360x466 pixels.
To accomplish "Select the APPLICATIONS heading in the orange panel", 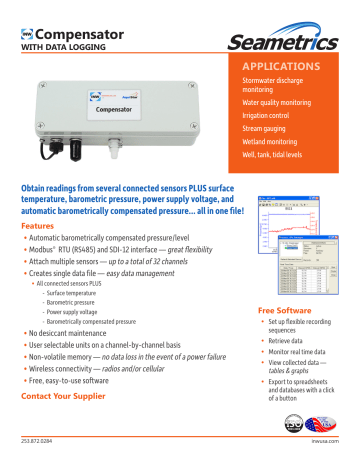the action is [279, 67].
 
